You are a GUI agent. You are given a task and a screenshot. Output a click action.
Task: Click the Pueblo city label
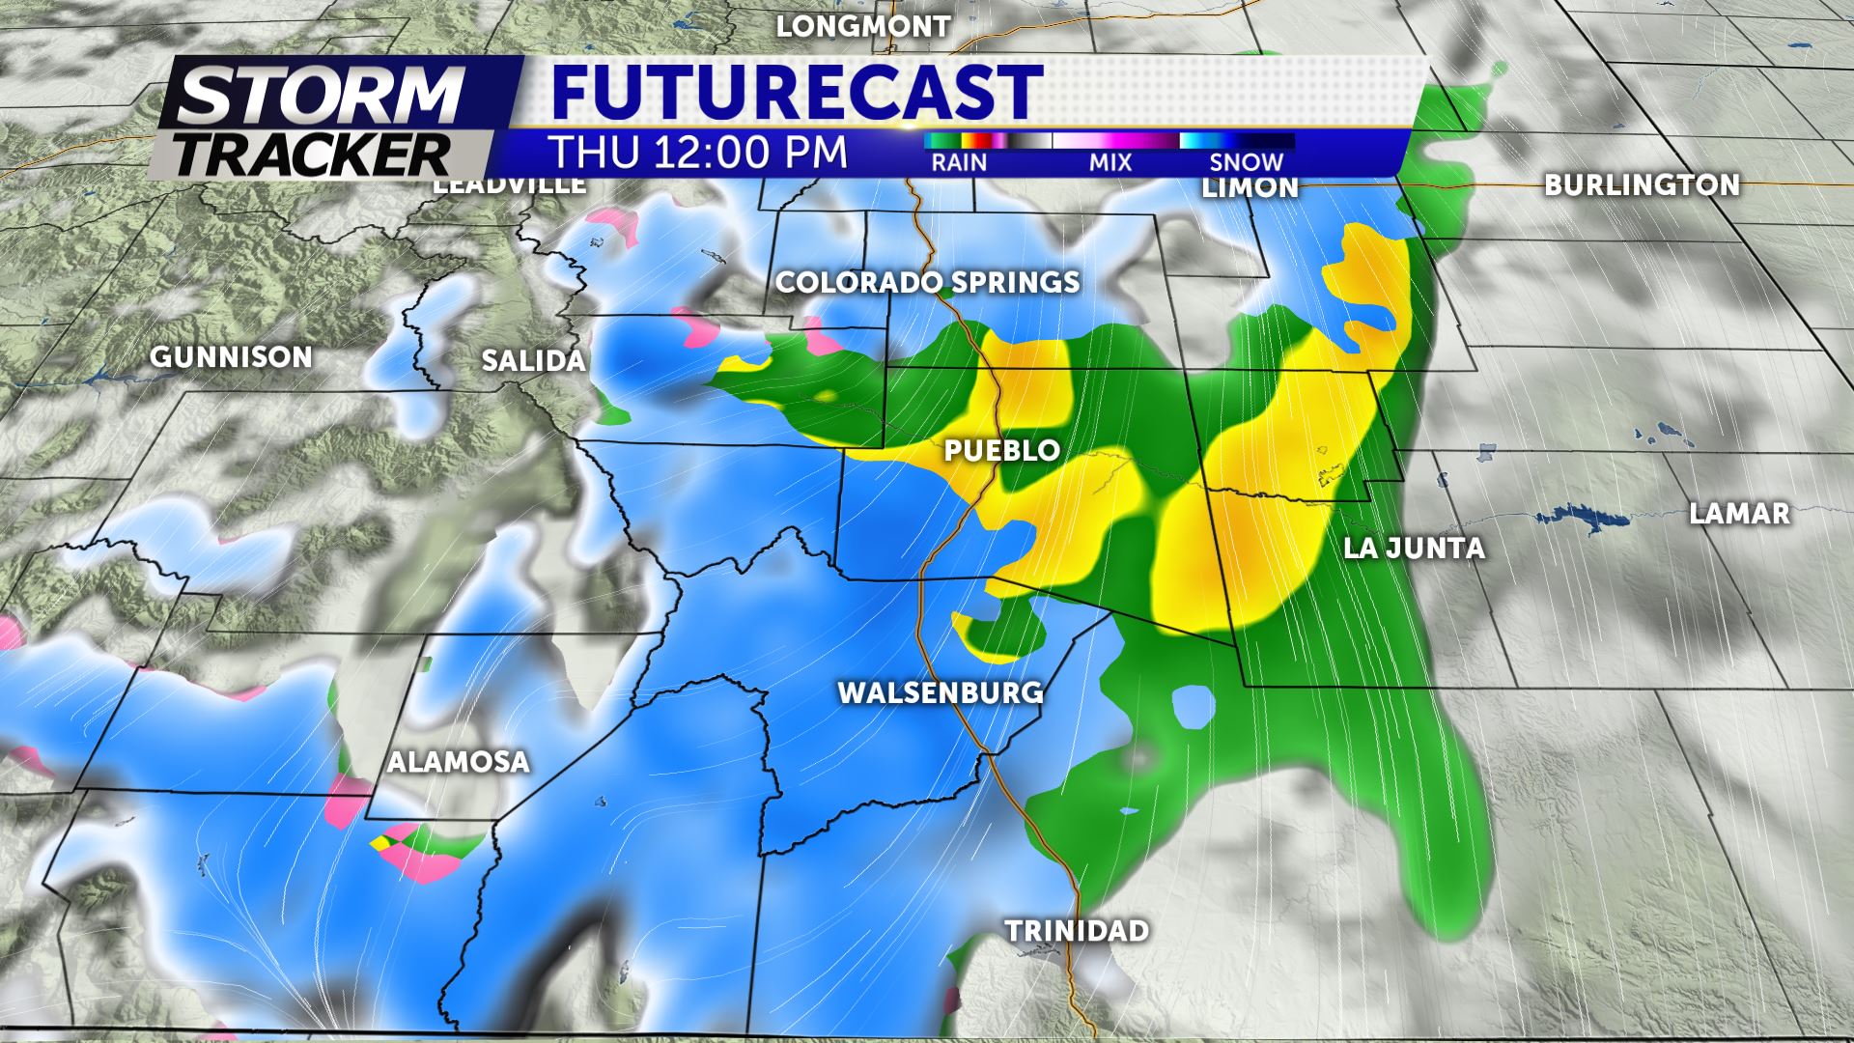click(x=1001, y=450)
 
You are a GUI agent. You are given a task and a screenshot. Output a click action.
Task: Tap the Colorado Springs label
click(x=927, y=282)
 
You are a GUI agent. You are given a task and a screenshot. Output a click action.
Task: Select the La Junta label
click(x=1414, y=549)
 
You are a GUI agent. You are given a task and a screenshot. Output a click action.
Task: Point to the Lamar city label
click(x=1739, y=514)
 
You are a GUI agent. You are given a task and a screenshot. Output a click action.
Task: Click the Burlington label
click(x=1642, y=184)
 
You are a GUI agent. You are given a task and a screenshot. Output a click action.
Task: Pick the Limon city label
click(x=1250, y=187)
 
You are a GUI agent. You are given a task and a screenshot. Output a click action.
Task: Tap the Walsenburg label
click(x=940, y=692)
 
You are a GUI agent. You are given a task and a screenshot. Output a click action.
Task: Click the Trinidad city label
click(x=1077, y=931)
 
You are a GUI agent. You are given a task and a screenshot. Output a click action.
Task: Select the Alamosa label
click(x=459, y=762)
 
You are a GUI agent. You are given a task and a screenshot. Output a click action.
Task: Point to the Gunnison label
click(x=232, y=357)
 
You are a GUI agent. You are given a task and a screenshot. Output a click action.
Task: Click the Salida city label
click(x=534, y=361)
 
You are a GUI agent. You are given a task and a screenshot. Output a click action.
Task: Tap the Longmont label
click(x=863, y=26)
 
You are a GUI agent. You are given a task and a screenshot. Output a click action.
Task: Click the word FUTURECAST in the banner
click(x=798, y=92)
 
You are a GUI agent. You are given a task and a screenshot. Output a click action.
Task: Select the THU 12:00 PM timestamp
click(x=698, y=153)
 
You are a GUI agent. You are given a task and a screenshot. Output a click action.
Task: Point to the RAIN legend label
click(x=959, y=162)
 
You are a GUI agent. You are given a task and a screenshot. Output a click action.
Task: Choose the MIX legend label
click(x=1110, y=162)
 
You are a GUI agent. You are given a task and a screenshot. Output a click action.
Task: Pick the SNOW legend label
click(x=1247, y=162)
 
